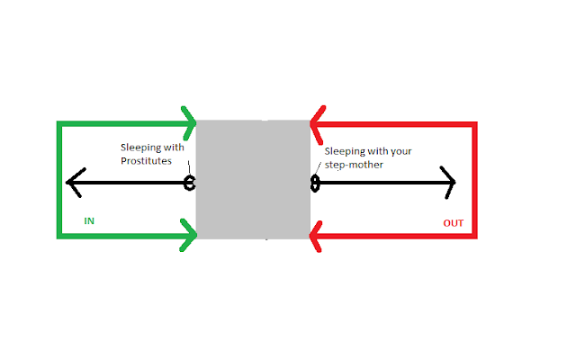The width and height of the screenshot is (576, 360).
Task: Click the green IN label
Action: coord(89,220)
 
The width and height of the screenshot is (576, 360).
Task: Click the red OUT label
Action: coord(454,222)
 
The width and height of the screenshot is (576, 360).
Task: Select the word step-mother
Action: coord(352,166)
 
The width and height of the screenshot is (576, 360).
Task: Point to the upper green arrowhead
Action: coord(191,121)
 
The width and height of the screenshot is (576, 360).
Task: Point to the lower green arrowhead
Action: coord(191,238)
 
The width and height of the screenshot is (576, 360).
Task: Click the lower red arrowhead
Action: coord(316,238)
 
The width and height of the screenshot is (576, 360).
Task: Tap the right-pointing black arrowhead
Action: coord(449,184)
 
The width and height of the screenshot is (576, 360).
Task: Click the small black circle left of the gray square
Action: coord(190,184)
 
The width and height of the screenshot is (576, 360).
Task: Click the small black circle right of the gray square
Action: coord(315,184)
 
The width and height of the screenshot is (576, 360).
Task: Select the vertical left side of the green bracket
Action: coord(58,180)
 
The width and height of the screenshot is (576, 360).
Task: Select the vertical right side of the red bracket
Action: coord(474,180)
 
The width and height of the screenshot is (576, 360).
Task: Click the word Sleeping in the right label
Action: coord(346,152)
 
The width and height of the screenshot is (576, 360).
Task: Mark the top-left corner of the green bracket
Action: coord(58,122)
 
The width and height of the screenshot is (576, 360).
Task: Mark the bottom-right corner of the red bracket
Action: coord(474,238)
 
